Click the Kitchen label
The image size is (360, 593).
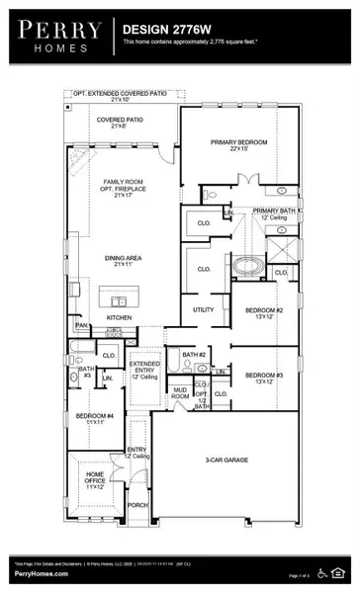click(x=120, y=317)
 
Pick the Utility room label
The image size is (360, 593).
click(x=204, y=309)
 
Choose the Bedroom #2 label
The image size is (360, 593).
click(x=264, y=314)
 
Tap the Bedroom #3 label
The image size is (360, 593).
click(x=264, y=377)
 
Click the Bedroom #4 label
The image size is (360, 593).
click(x=95, y=417)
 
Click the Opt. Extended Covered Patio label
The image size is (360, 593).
click(x=128, y=95)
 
